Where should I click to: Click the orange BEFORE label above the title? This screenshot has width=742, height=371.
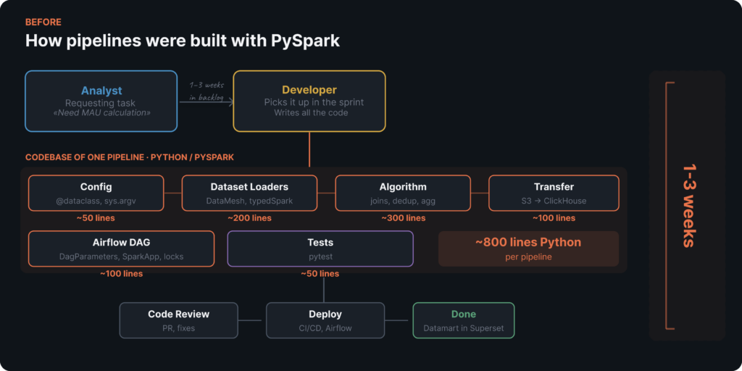point(43,22)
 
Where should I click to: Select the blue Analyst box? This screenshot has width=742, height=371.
point(101,101)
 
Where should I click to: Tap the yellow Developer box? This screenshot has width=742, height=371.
point(309,101)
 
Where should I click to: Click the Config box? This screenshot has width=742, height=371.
point(96,193)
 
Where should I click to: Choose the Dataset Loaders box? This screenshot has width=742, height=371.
point(249,193)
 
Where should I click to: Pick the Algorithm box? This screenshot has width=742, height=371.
point(403,193)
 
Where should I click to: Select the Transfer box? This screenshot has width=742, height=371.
point(554,193)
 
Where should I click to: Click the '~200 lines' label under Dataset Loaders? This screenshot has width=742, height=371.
point(249,218)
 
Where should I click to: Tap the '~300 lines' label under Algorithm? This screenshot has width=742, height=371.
point(403,218)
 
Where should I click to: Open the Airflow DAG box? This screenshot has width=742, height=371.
point(121,249)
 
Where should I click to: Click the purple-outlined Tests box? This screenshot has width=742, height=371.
point(320,249)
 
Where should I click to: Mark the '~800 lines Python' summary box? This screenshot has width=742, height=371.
point(528,249)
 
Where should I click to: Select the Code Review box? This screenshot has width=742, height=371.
point(178,320)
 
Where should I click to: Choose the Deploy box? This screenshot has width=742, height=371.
point(325,320)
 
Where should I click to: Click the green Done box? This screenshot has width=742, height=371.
point(463,320)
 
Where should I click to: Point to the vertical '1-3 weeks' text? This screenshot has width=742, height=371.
point(688,207)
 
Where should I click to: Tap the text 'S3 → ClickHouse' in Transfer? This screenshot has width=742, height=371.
point(554,201)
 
